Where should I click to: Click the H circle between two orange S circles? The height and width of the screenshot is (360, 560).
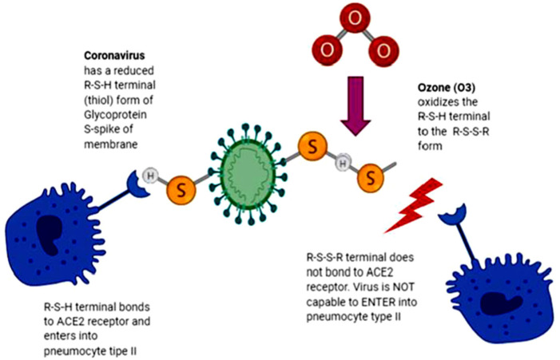click(x=343, y=164)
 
